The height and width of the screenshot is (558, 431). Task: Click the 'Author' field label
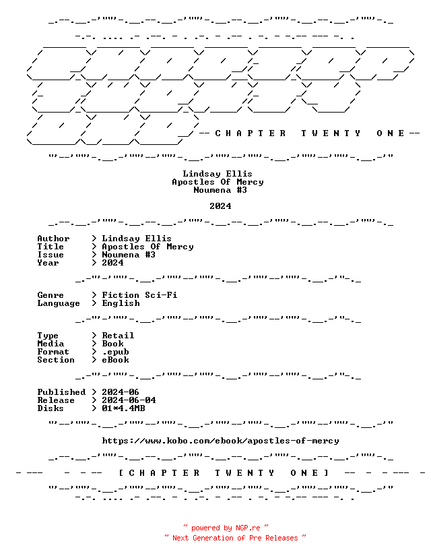[53, 239]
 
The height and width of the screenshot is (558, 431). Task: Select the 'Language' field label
[59, 303]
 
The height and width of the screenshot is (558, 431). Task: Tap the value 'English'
[121, 303]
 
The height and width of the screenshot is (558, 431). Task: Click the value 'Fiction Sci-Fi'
[139, 295]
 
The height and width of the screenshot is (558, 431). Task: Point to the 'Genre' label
[51, 295]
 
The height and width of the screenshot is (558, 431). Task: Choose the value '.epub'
[115, 352]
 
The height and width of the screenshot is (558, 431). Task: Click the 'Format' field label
[53, 352]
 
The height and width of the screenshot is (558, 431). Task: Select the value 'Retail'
[118, 336]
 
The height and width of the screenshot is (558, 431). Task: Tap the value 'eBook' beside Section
[115, 360]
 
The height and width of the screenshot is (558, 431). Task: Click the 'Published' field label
[61, 392]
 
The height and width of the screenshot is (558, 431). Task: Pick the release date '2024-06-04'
[129, 400]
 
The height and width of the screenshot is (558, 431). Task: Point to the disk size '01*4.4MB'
[123, 408]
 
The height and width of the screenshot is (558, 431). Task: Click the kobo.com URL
[220, 441]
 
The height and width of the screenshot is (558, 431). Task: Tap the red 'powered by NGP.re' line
[226, 528]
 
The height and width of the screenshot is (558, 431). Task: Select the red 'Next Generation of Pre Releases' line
[235, 538]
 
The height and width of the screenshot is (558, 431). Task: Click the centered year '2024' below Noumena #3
[220, 206]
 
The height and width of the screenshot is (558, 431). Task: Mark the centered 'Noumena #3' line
[220, 190]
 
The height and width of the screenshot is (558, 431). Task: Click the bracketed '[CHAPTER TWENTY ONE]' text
[224, 473]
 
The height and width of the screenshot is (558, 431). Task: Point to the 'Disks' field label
[51, 408]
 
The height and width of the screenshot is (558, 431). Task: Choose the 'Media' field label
[51, 344]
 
